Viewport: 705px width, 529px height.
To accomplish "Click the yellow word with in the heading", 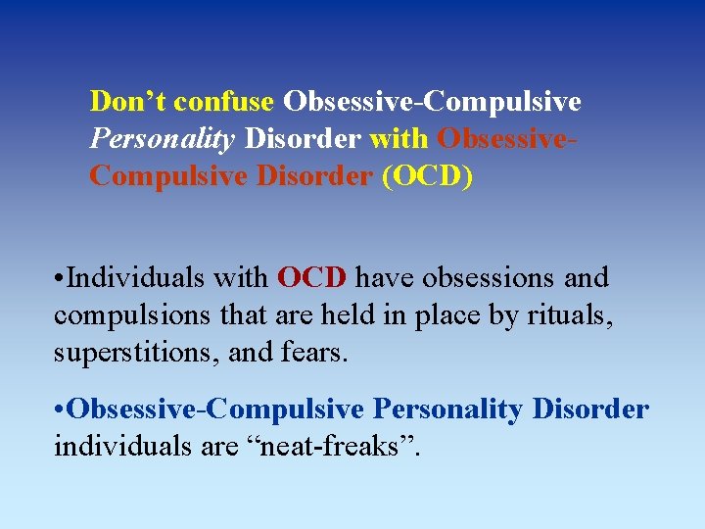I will click(x=399, y=139).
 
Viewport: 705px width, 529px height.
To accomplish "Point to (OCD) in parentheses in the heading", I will click(x=427, y=177).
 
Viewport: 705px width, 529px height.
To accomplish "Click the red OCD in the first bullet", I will click(x=311, y=278).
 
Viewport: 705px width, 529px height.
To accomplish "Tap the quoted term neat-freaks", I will click(x=338, y=447).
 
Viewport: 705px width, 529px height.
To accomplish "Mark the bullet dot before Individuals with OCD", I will click(x=59, y=279).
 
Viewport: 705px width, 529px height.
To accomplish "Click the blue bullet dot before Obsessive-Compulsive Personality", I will click(x=59, y=409).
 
